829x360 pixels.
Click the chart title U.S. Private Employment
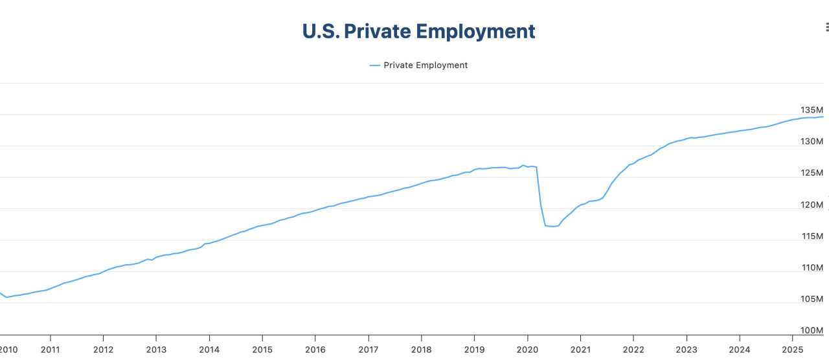pos(418,31)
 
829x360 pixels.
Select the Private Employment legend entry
pos(418,65)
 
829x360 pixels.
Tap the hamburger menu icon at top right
pos(826,27)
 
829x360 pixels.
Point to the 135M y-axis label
pos(812,110)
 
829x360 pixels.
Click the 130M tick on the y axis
pos(812,142)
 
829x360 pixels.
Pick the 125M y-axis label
pos(812,173)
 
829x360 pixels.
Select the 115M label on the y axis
pos(812,236)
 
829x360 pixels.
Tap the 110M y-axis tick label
pos(812,268)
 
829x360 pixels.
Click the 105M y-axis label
pos(812,299)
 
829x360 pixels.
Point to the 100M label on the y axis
pos(812,331)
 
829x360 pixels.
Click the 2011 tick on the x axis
pos(50,350)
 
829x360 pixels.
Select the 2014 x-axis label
pos(209,350)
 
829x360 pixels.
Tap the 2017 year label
pos(368,350)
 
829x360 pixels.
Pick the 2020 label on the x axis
pos(527,350)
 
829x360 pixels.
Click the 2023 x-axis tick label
pos(686,350)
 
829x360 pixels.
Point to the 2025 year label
pos(792,350)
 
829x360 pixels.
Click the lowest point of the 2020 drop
pos(551,227)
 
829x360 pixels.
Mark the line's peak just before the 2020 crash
pos(523,165)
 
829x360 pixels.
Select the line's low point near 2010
pos(7,297)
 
